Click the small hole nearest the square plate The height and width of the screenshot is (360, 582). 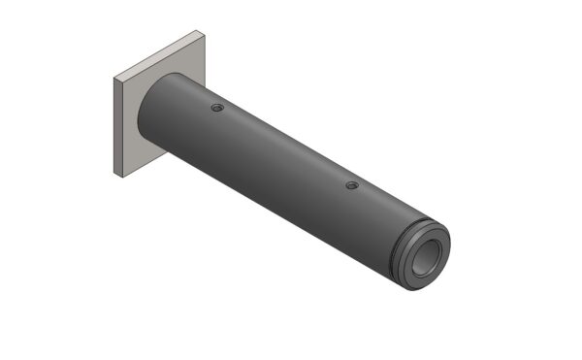[217, 107]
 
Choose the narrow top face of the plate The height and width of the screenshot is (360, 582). [160, 54]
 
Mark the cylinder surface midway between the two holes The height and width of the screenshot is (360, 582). [281, 155]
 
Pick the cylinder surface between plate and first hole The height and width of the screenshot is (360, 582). [179, 107]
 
